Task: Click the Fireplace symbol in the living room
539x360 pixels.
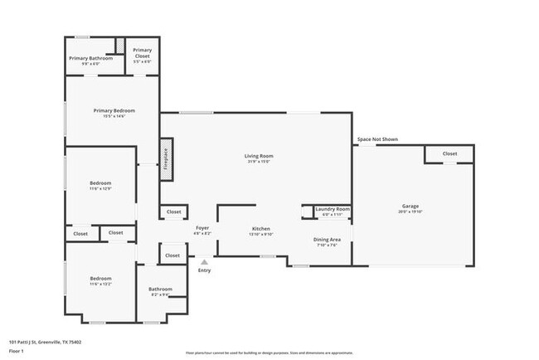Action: (166, 159)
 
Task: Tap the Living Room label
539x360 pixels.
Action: (259, 156)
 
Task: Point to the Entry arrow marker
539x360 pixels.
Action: (204, 262)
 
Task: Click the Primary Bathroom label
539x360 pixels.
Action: (90, 58)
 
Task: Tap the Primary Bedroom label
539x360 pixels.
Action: (114, 110)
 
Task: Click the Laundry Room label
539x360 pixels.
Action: (333, 209)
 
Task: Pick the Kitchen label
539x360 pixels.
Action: (261, 229)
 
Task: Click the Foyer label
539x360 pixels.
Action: (202, 227)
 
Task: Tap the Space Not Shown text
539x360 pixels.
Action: (377, 139)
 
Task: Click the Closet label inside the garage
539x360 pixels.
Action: (449, 153)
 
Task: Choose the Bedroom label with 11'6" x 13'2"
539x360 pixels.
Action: (100, 278)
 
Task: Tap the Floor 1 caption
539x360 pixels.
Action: (16, 351)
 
